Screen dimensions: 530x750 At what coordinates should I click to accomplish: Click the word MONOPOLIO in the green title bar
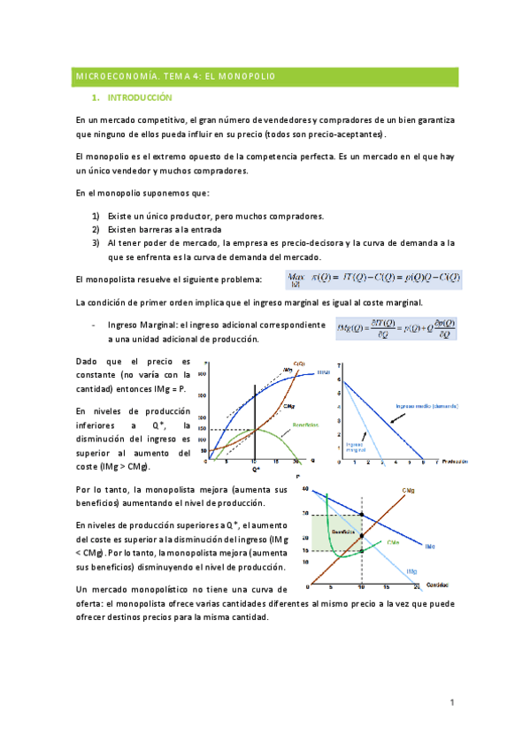click(247, 77)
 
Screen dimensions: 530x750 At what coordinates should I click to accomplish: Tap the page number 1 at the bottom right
click(451, 703)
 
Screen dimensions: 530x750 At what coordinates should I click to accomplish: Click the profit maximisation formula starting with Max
click(373, 279)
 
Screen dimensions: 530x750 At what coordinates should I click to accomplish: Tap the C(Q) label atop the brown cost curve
click(299, 364)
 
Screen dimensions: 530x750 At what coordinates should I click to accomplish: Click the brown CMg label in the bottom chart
click(410, 489)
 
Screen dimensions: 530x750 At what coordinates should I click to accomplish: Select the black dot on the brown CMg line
click(361, 534)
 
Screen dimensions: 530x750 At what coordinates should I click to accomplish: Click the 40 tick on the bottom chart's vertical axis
click(306, 489)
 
